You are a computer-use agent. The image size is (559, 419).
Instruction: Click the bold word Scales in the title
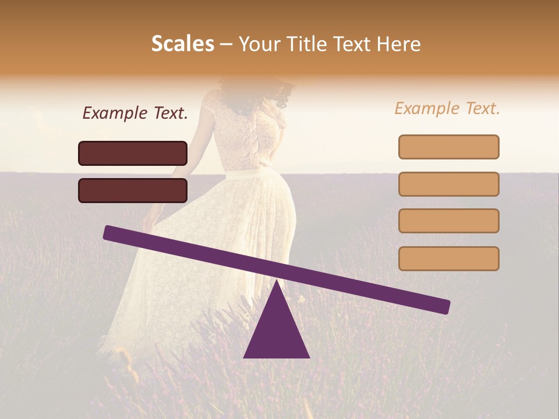click(182, 44)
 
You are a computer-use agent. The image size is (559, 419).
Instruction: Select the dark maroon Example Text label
click(135, 113)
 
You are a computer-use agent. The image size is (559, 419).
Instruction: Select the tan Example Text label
click(447, 108)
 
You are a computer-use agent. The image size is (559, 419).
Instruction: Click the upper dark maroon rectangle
click(133, 153)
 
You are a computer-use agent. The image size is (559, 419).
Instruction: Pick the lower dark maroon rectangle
click(133, 190)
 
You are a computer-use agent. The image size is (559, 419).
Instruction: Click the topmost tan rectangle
click(448, 147)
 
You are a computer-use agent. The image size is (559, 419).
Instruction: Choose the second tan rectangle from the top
click(448, 184)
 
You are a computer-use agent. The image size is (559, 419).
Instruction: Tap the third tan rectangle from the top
click(448, 221)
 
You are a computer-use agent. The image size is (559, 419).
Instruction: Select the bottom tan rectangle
click(448, 258)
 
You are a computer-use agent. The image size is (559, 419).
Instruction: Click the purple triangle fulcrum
click(277, 332)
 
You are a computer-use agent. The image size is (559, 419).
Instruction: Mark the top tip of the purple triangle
click(277, 282)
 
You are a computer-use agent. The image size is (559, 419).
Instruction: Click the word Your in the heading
click(258, 44)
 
